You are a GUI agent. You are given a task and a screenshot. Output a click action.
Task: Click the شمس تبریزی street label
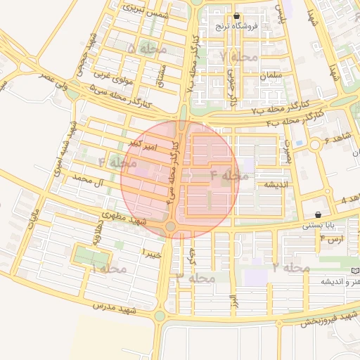coord(145,10)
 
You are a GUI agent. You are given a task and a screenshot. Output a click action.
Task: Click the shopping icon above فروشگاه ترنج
coord(236,16)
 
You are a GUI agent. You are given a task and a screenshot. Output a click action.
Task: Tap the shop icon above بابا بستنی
coord(319,214)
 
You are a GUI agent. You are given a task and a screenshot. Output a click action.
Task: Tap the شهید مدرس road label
coord(114,308)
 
